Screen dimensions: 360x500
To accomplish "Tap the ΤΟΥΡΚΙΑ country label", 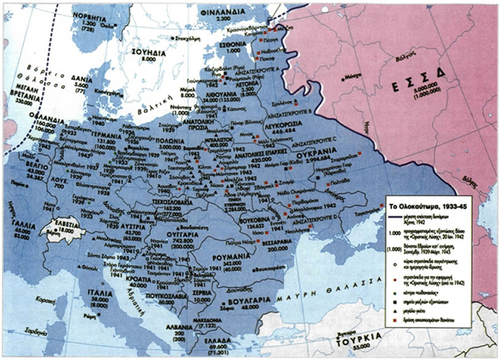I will [359, 337].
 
